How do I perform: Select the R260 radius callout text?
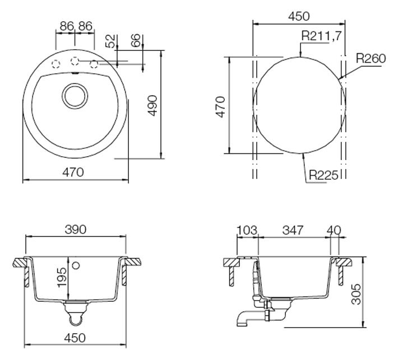click(371, 58)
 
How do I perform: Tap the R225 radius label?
click(324, 175)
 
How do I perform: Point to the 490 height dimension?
click(153, 105)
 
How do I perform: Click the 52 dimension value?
click(110, 41)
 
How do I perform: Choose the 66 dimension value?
click(136, 40)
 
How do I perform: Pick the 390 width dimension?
click(76, 230)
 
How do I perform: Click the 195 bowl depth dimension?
click(62, 278)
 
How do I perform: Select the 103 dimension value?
click(247, 230)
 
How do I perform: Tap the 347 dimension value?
click(293, 230)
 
